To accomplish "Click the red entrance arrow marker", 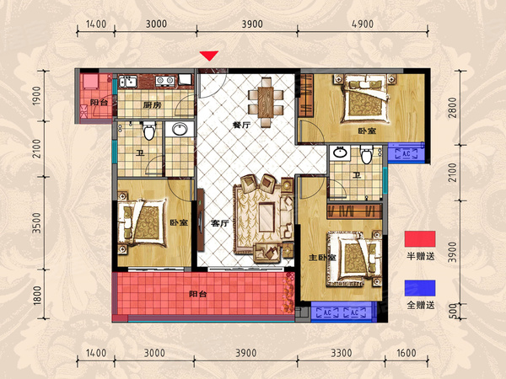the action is pyautogui.click(x=209, y=56).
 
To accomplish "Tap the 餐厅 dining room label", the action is pyautogui.click(x=241, y=125).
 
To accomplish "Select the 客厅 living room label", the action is pyautogui.click(x=220, y=223).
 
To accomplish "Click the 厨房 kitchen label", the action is pyautogui.click(x=153, y=104).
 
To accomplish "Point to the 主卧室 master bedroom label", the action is pyautogui.click(x=322, y=258).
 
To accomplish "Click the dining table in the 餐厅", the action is pyautogui.click(x=266, y=103).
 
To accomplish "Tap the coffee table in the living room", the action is pyautogui.click(x=266, y=217).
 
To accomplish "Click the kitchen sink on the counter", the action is pyautogui.click(x=128, y=82).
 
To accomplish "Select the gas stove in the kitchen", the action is pyautogui.click(x=165, y=81).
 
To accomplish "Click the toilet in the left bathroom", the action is pyautogui.click(x=148, y=131).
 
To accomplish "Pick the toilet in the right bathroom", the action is pyautogui.click(x=367, y=154).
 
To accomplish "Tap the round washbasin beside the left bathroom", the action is pyautogui.click(x=180, y=129).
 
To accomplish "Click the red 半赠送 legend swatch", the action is pyautogui.click(x=420, y=239).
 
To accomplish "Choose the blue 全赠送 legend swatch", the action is pyautogui.click(x=420, y=288).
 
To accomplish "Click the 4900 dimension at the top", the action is pyautogui.click(x=363, y=24).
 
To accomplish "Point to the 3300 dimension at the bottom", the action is pyautogui.click(x=342, y=353).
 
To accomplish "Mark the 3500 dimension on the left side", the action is pyautogui.click(x=37, y=223).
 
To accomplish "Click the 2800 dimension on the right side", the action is pyautogui.click(x=453, y=108).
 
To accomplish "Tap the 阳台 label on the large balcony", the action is pyautogui.click(x=198, y=294).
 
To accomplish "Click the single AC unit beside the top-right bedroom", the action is pyautogui.click(x=406, y=154).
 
